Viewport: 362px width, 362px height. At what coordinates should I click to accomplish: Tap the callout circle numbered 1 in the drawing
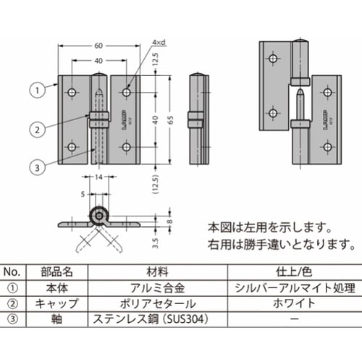[34, 91]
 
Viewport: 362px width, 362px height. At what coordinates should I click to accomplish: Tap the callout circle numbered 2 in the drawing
[34, 130]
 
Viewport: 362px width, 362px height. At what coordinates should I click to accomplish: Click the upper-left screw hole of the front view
[72, 93]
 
